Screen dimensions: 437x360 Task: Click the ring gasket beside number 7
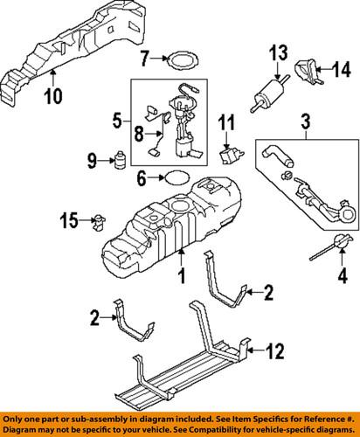point(181,60)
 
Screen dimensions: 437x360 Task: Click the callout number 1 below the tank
point(181,278)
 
